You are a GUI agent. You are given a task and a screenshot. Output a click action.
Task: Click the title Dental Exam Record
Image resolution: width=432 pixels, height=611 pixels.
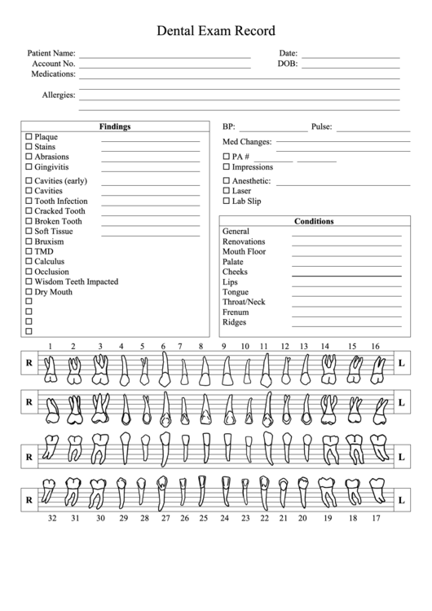(215, 31)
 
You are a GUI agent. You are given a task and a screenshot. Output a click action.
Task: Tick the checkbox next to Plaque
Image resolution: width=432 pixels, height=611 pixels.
(29, 136)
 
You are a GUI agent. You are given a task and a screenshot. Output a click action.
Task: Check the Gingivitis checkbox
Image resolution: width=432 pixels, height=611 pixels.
(29, 166)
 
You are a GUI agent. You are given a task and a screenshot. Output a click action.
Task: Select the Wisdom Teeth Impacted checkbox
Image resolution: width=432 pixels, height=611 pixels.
(29, 281)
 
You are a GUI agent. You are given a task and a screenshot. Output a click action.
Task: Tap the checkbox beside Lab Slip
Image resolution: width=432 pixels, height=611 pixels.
(227, 201)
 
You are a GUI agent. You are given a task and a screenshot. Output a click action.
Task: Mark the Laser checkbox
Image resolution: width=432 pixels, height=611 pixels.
(227, 191)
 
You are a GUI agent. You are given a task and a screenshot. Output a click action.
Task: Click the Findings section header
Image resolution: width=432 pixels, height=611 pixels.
(115, 126)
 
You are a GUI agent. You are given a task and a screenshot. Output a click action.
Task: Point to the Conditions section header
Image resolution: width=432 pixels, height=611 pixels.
(314, 221)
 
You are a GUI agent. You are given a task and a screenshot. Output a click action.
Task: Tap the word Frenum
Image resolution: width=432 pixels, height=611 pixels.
(236, 312)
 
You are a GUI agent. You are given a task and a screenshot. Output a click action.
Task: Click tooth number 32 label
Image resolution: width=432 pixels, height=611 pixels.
(51, 518)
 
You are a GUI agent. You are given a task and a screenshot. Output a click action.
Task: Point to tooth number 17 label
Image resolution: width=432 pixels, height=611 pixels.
(376, 518)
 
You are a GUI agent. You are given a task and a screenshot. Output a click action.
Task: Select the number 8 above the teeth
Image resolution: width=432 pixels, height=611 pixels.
(201, 347)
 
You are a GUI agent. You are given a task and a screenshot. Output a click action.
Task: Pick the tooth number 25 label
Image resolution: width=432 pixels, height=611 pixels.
(203, 518)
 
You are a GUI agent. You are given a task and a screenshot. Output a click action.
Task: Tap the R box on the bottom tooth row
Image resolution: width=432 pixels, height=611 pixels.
(29, 497)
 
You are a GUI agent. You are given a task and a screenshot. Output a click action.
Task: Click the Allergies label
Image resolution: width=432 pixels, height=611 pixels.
(59, 95)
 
